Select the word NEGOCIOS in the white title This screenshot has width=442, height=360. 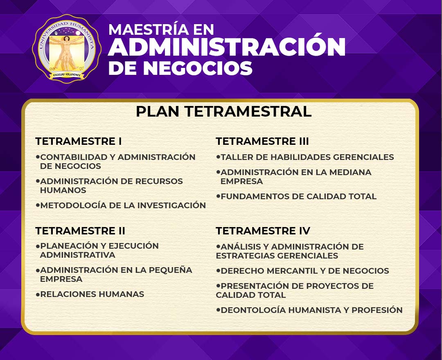coord(198,68)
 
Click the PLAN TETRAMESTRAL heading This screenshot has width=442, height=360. coord(223,111)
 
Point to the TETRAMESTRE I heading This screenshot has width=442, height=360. coord(78,141)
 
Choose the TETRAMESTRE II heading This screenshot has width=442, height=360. coord(80,231)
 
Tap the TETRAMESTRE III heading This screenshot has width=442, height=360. coord(262,141)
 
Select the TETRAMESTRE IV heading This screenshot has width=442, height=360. coord(263,231)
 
